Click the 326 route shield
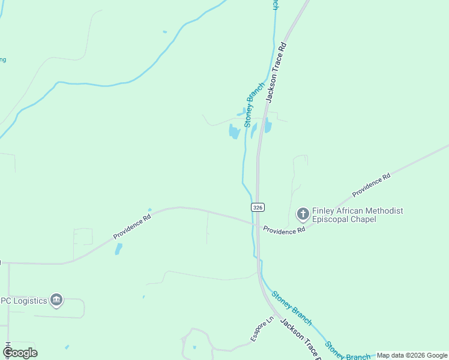click(257, 207)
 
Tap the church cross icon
click(303, 214)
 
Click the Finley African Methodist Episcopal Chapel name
click(357, 215)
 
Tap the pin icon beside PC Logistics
click(56, 299)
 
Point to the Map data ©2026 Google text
click(412, 356)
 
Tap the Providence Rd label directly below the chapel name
click(284, 230)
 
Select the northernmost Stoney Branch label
click(254, 103)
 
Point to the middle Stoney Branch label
click(291, 308)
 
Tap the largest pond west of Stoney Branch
click(234, 131)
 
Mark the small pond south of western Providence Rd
click(119, 248)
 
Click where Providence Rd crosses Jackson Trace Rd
click(258, 224)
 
